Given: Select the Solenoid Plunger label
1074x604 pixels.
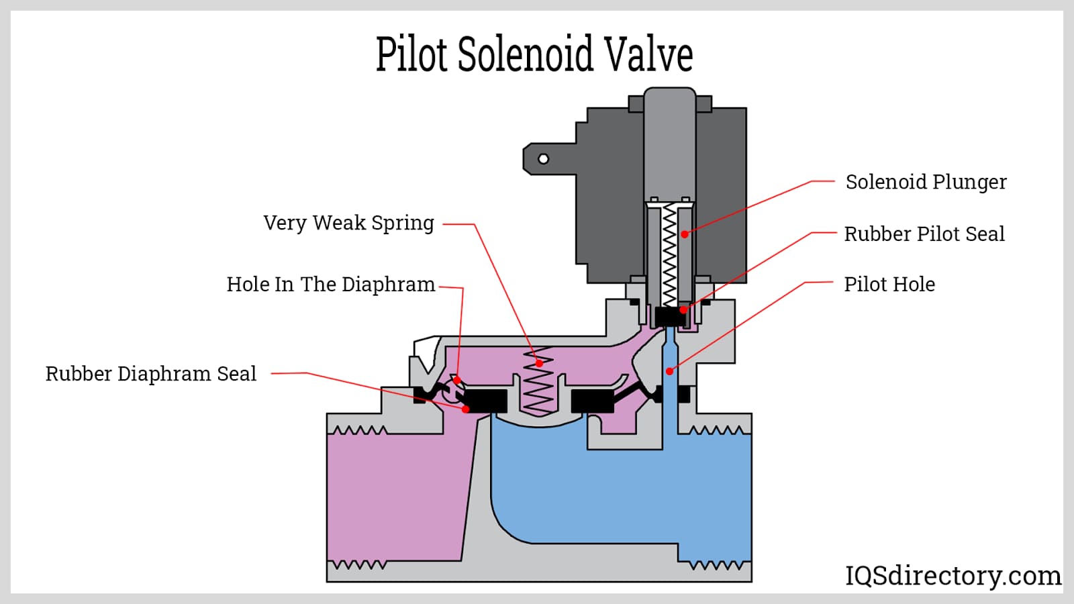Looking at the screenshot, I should (x=926, y=182).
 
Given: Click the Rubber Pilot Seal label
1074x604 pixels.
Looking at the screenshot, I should (x=924, y=234).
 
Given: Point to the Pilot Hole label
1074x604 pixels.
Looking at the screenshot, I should (x=889, y=284).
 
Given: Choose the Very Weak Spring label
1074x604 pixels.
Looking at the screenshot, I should (x=348, y=223).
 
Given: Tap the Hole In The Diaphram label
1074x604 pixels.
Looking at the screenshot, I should (x=330, y=285).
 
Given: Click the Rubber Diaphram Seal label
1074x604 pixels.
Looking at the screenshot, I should (x=150, y=374).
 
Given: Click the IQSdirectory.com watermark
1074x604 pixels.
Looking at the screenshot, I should (x=953, y=576).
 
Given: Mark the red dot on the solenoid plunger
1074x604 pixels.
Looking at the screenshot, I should (x=685, y=234).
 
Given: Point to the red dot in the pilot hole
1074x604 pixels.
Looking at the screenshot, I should (x=669, y=371).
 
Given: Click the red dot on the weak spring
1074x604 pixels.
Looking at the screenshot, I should (x=539, y=363).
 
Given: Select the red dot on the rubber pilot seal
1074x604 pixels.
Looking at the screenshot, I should (x=683, y=309).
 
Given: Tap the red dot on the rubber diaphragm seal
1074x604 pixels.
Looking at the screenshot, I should (x=466, y=409).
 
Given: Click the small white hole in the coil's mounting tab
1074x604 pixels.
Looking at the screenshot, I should (x=544, y=159).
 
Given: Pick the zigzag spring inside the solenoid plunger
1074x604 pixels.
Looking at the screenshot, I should (x=669, y=255).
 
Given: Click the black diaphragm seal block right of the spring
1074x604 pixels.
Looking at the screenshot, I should (x=592, y=401).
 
